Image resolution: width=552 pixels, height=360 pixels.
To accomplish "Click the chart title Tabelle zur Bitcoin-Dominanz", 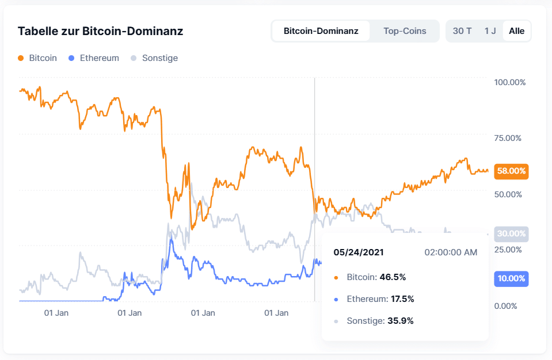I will click(100, 31).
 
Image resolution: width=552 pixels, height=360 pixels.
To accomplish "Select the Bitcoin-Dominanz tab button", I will click(321, 31).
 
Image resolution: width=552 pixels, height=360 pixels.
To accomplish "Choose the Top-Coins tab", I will click(405, 31).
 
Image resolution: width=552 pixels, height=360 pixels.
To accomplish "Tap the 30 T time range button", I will click(462, 31).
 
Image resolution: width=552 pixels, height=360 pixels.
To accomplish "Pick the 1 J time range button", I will click(490, 31).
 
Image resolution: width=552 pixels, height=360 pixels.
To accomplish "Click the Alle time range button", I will click(516, 31).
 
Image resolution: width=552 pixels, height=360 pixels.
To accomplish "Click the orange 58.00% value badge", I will click(511, 171).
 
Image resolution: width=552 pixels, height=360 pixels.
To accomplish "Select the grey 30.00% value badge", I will click(511, 234).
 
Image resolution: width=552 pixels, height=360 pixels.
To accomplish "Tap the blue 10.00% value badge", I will click(511, 279).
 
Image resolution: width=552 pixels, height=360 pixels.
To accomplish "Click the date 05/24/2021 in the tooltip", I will click(359, 252).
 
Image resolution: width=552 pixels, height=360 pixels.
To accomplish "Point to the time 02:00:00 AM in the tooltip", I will click(451, 252).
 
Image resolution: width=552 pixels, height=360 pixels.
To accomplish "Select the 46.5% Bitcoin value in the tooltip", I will click(393, 277).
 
